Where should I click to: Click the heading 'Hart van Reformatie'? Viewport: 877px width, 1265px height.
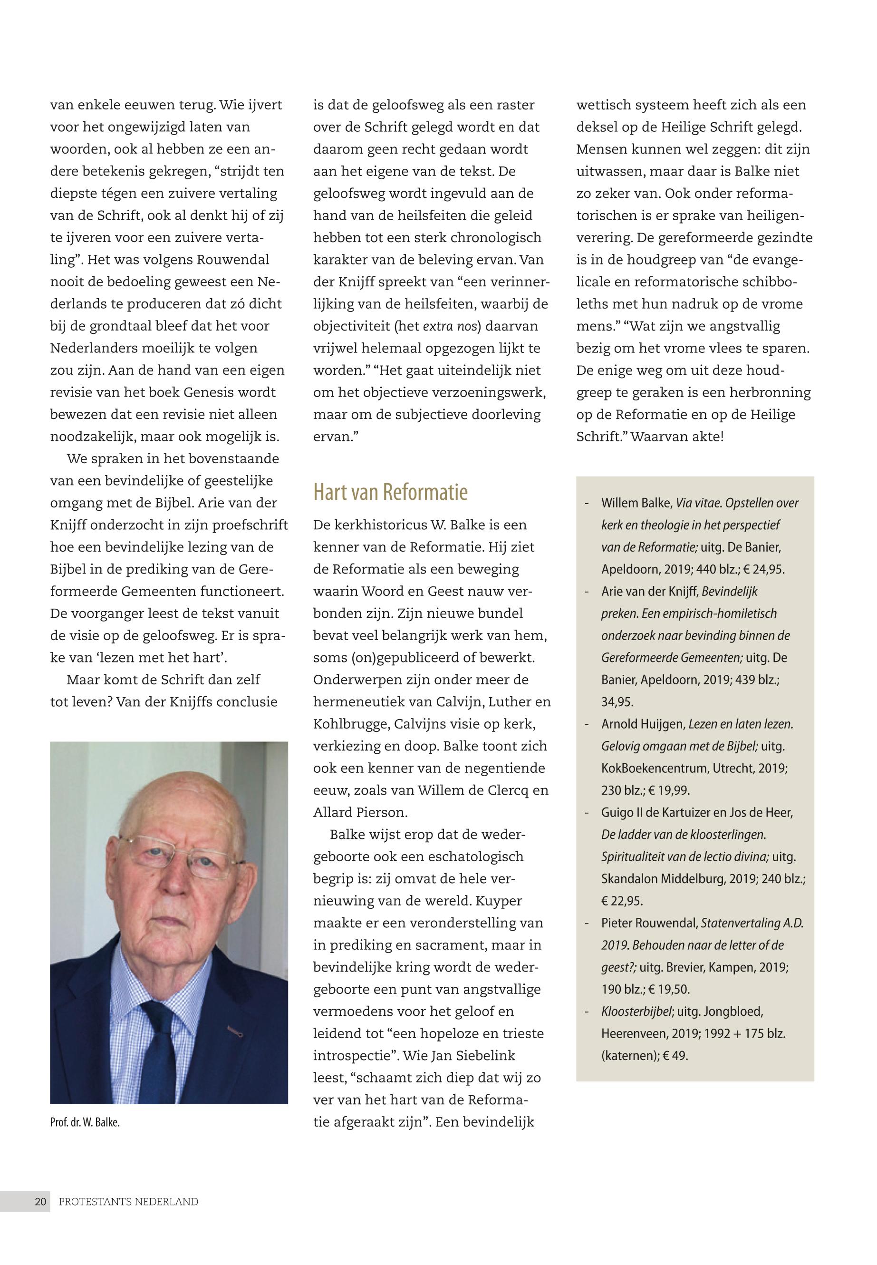390,492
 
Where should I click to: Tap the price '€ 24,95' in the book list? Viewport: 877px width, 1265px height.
764,569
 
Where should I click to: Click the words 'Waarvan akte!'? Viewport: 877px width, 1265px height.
677,437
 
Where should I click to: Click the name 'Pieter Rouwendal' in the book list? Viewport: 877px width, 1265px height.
649,923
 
